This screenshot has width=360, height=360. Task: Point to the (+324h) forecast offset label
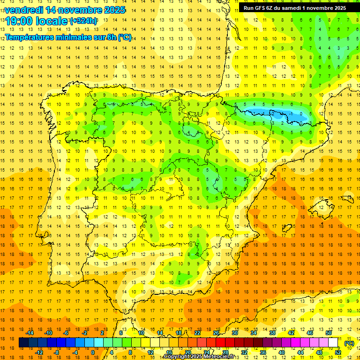tap(83, 21)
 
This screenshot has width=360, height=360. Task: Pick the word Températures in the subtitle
tap(27, 37)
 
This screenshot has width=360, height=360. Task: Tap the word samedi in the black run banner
tap(293, 8)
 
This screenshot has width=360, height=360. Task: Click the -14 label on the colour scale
tap(30, 333)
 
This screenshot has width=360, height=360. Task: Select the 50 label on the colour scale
tap(329, 333)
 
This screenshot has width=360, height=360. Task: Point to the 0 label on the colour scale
tap(93, 352)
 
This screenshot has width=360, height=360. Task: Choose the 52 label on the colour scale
tap(338, 352)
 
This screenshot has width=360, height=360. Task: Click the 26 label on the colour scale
tap(216, 333)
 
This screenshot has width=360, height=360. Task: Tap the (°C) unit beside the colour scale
tap(350, 343)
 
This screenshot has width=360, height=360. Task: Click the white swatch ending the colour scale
tap(333, 343)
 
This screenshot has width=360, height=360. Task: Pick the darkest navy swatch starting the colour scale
tap(23, 343)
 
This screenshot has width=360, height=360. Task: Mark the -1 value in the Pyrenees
tap(291, 113)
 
